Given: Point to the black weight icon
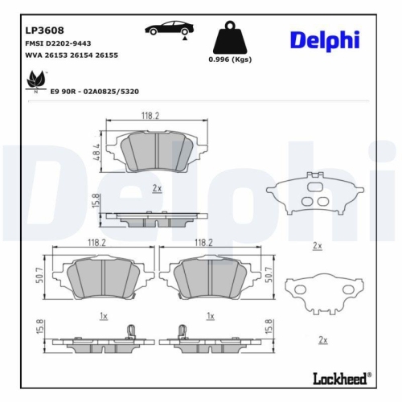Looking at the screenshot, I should (x=229, y=36).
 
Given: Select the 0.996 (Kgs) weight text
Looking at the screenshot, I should (x=229, y=60).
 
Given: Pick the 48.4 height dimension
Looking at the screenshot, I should (x=94, y=151).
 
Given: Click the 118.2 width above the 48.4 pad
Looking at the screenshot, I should (x=150, y=117).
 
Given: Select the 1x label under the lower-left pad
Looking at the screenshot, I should (x=102, y=316).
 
